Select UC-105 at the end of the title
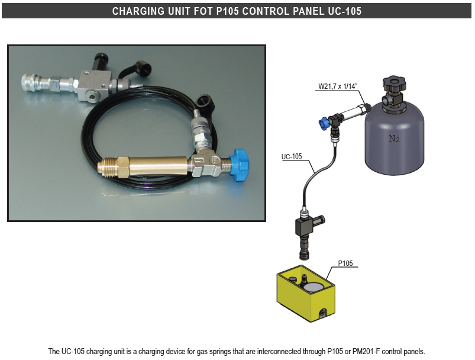(x=345, y=11)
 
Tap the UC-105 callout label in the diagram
(x=291, y=157)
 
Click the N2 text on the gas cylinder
(x=393, y=139)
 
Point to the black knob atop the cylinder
(x=393, y=83)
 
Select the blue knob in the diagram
(x=324, y=123)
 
